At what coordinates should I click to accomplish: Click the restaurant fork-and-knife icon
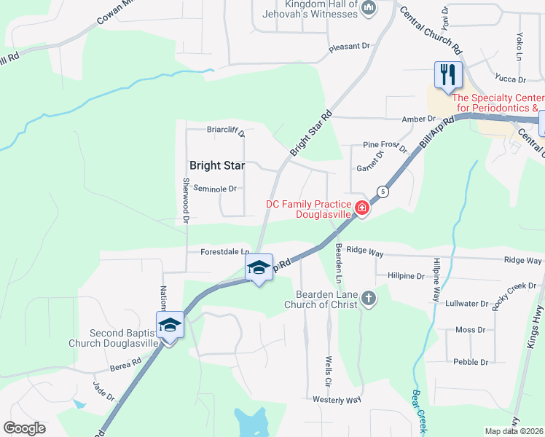click(447, 74)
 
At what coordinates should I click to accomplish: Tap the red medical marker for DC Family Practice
click(361, 209)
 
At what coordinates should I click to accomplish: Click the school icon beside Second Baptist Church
click(170, 324)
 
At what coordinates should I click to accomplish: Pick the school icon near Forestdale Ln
click(259, 267)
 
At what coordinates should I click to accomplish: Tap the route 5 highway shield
click(381, 192)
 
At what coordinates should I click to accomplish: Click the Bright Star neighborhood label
click(217, 166)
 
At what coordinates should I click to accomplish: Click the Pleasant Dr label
click(350, 47)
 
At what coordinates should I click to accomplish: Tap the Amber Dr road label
click(418, 119)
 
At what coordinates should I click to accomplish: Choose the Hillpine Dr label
click(406, 277)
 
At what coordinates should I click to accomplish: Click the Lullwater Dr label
click(465, 303)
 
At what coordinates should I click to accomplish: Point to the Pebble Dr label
click(470, 362)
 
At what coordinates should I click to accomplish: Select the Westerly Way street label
click(337, 400)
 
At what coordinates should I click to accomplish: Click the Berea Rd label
click(127, 363)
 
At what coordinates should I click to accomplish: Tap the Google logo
click(24, 428)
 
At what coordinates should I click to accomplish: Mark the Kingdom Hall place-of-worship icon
click(368, 8)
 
